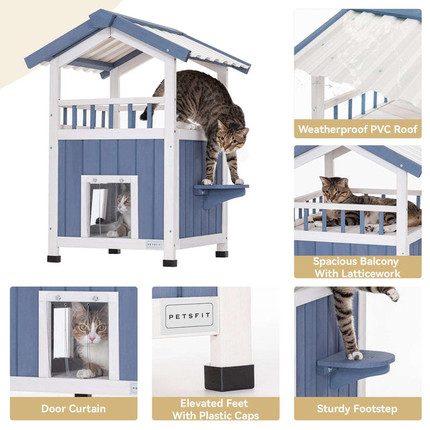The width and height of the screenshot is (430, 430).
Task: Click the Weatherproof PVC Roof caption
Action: click(x=357, y=128)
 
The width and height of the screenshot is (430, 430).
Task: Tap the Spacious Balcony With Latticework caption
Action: click(x=357, y=267)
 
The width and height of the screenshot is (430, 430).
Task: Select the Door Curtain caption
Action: click(x=73, y=408)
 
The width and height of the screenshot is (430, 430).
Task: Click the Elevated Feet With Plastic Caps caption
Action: click(x=215, y=408)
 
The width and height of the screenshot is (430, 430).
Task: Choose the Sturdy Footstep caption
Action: click(x=357, y=408)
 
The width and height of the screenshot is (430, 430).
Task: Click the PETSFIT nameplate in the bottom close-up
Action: click(x=189, y=314)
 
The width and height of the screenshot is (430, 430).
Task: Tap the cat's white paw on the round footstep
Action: click(x=354, y=354)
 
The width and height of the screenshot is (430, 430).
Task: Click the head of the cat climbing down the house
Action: click(x=232, y=138)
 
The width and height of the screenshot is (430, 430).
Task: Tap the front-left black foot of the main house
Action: click(x=54, y=258)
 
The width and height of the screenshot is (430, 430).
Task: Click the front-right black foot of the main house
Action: click(x=170, y=262)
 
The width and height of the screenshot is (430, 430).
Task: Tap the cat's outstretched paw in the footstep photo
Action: click(x=392, y=294)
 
